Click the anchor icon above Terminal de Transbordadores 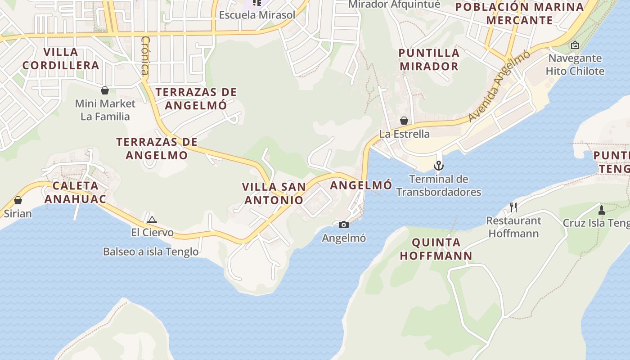click(x=439, y=166)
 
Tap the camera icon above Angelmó click(x=344, y=225)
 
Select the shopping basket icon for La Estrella click(x=404, y=121)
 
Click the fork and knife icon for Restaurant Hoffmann click(x=513, y=207)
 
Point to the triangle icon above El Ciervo click(x=152, y=220)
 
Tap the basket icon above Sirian click(x=18, y=200)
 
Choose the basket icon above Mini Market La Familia click(x=105, y=90)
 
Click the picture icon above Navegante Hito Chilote click(x=575, y=45)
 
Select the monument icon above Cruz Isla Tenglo click(x=601, y=210)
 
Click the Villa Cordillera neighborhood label click(x=61, y=58)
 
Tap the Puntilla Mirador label click(x=429, y=59)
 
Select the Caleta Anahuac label click(x=75, y=192)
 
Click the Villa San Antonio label click(x=274, y=193)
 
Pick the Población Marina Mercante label click(x=519, y=13)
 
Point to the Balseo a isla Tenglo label click(x=151, y=252)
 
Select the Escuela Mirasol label click(x=257, y=15)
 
